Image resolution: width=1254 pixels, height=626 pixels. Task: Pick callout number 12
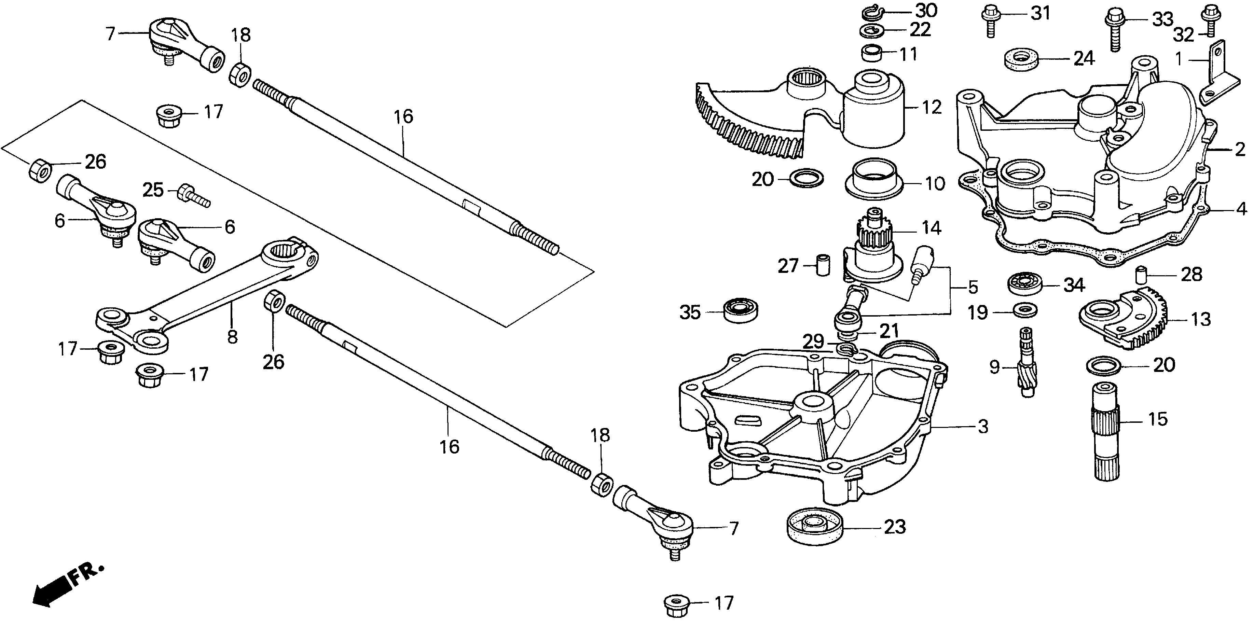tap(931, 107)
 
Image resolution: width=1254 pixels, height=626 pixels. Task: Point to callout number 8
tap(232, 336)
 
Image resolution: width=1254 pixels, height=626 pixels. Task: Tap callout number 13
tap(1200, 319)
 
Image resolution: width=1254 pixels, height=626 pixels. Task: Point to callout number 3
tap(982, 427)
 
